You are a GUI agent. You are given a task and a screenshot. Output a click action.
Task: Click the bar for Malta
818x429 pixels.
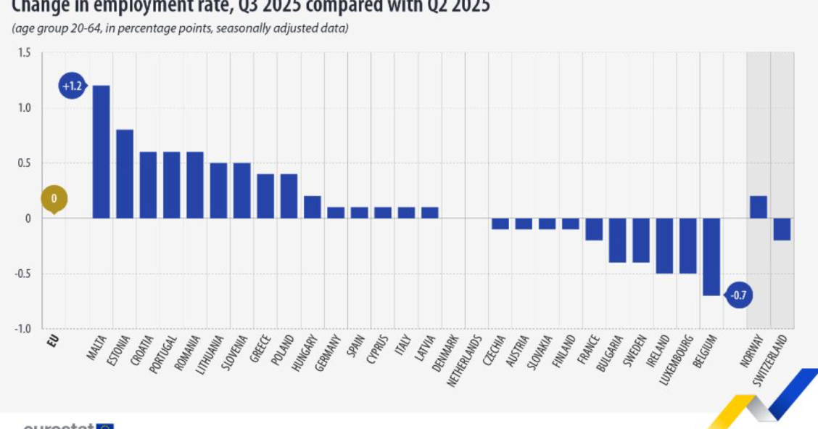(101, 152)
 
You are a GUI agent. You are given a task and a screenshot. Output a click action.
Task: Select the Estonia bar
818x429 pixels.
(125, 174)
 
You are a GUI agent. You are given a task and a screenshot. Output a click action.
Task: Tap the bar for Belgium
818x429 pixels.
(711, 257)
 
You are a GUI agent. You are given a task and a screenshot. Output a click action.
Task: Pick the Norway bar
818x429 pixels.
(759, 208)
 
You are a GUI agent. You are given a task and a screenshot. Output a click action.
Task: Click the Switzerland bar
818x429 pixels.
(782, 229)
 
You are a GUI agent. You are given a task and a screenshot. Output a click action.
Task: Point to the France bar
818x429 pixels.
(594, 229)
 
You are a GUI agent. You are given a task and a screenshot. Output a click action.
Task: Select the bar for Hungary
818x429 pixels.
(313, 208)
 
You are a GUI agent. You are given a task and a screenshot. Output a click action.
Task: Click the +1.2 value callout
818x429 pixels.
(72, 86)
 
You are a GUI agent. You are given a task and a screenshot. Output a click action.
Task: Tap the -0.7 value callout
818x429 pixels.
(738, 295)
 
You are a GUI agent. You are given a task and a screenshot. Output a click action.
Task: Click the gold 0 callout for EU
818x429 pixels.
(54, 197)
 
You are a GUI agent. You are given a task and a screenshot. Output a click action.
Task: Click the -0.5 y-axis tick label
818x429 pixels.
(22, 274)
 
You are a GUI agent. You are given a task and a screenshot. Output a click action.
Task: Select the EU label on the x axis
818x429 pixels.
(53, 341)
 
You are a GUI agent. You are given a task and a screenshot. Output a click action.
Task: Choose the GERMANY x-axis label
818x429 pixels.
(328, 353)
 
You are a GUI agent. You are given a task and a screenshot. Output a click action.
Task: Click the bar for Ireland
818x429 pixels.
(664, 246)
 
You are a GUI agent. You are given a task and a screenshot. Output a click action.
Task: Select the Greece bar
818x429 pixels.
(265, 196)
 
